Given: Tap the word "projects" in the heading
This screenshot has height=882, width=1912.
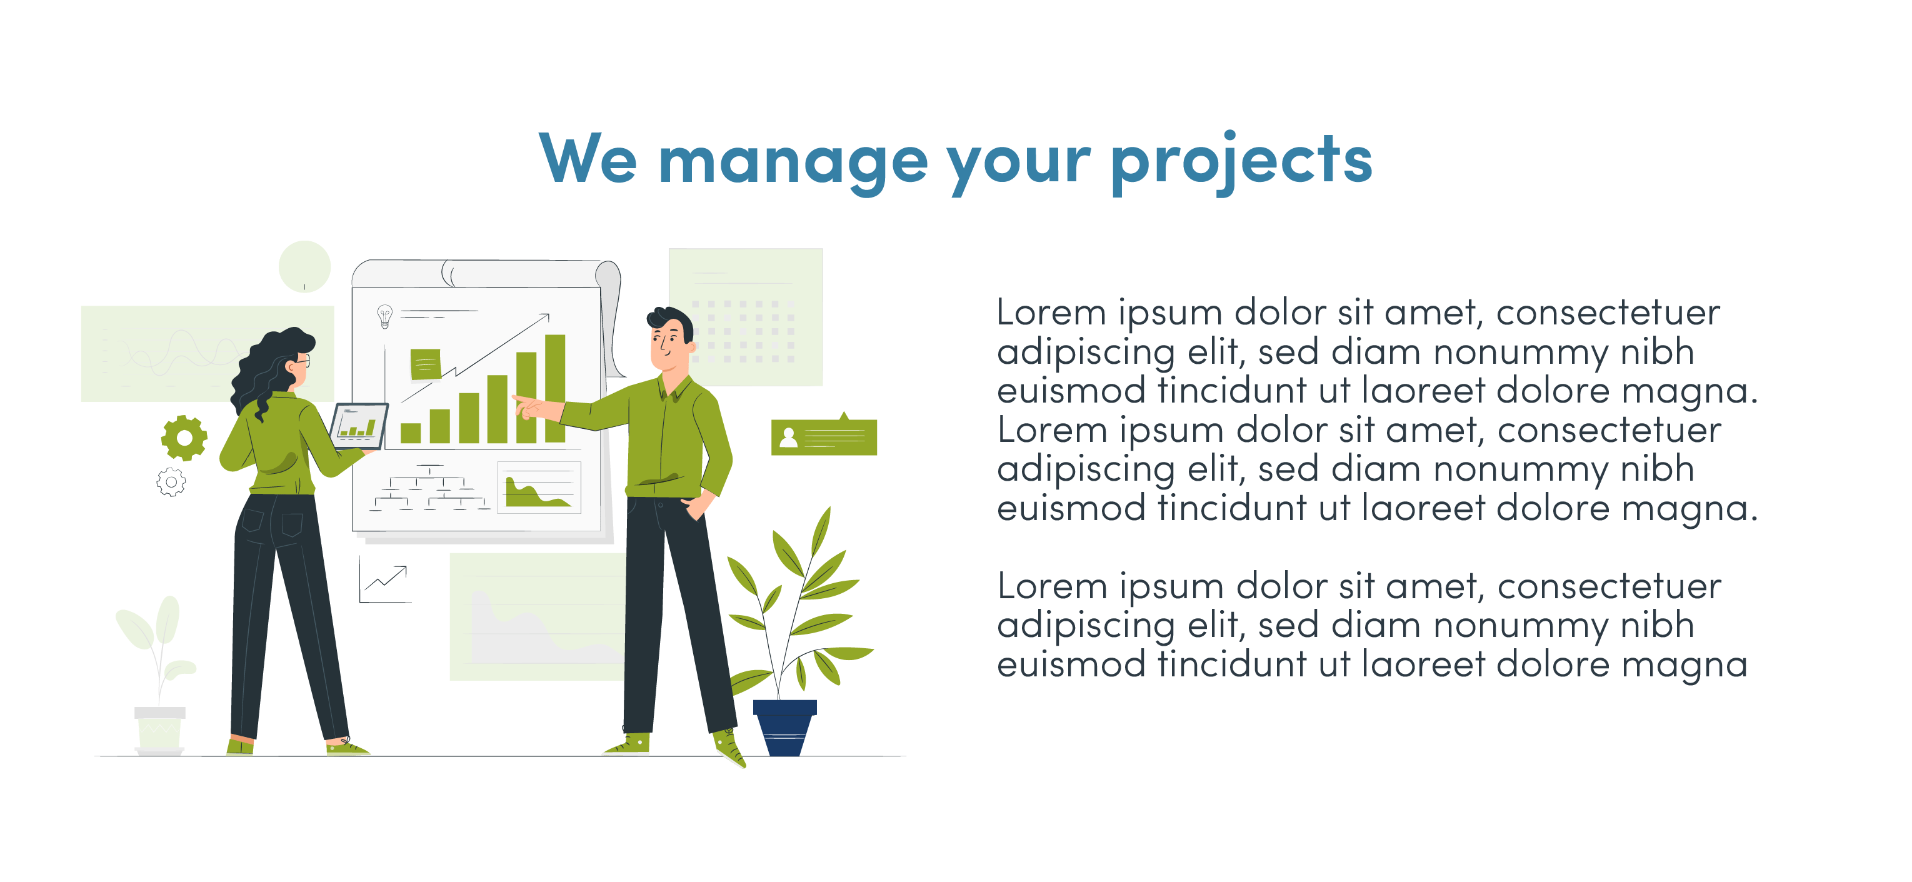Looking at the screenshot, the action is click(x=1242, y=161).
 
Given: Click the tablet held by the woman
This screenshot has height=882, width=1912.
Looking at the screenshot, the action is click(x=359, y=426).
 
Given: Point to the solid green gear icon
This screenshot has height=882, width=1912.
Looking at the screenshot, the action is click(x=184, y=438).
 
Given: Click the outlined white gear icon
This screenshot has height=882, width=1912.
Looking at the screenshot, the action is click(x=171, y=483).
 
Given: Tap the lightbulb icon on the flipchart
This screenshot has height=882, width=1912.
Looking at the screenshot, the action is click(x=384, y=316).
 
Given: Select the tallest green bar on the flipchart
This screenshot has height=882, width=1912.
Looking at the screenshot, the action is click(x=555, y=388).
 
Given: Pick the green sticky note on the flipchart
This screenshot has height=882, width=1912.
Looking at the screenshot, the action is click(x=426, y=364).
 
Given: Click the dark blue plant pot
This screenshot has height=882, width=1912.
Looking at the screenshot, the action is click(x=785, y=728).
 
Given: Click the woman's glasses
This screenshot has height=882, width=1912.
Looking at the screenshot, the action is click(x=303, y=361).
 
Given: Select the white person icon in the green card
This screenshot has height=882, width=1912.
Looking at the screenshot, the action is click(x=788, y=438).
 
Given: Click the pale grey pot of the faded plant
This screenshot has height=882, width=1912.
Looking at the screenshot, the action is click(x=159, y=731).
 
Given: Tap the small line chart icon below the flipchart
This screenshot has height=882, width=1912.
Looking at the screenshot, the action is click(x=384, y=580).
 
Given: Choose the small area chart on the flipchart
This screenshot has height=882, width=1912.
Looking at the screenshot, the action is click(x=539, y=487).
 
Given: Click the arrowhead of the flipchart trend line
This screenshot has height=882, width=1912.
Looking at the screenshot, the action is click(x=545, y=317).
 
